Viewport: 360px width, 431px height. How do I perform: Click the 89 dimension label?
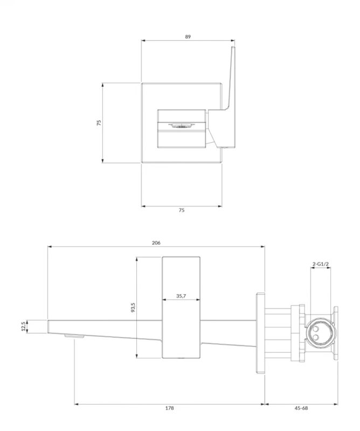188,37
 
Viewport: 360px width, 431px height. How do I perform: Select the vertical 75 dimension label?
99,123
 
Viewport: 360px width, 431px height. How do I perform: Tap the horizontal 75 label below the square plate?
182,210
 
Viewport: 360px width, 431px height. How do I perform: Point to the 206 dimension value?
156,243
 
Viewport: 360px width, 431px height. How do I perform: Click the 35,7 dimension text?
181,296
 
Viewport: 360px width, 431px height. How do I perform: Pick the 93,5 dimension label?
133,307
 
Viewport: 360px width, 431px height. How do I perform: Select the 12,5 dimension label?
23,326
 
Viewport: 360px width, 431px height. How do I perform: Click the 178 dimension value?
169,408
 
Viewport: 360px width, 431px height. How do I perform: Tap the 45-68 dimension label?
301,408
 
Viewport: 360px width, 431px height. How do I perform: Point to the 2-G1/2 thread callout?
321,264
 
